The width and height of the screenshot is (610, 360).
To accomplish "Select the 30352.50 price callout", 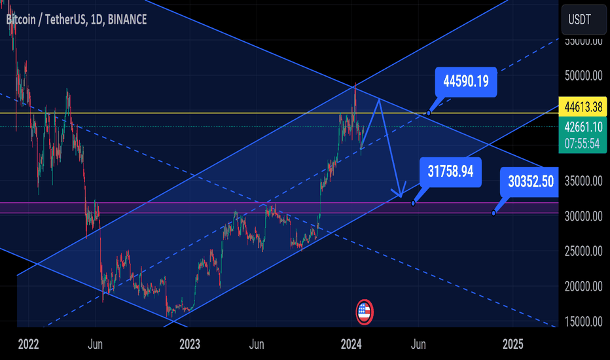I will point(532,181).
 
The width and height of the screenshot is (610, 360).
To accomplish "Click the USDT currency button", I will point(583,20).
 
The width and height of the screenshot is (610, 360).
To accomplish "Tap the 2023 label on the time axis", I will point(189,344).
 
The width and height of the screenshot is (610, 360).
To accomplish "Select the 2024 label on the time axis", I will point(351,344).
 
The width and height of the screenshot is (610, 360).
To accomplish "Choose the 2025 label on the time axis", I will point(512,344).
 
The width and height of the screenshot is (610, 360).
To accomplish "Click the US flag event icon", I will point(365,312).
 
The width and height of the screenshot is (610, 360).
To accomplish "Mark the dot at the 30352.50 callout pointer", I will point(493,213).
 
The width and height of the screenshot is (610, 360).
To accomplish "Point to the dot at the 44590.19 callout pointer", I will point(429,113).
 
